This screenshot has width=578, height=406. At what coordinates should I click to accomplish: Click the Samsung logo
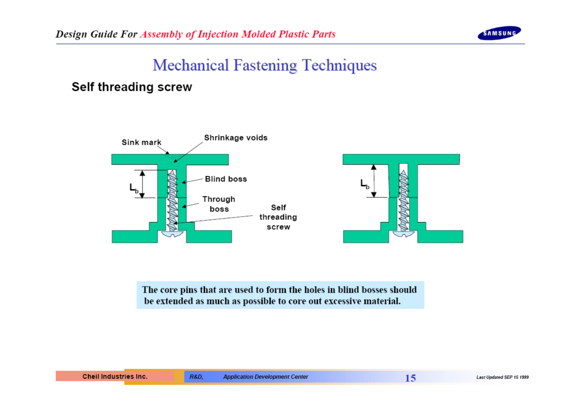[499, 33]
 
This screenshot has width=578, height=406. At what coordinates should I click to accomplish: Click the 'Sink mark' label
[142, 142]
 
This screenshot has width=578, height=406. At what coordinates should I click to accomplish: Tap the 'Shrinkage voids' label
[236, 137]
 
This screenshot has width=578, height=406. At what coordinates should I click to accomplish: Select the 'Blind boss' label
[226, 179]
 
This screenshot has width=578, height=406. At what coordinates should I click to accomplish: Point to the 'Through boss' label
[219, 204]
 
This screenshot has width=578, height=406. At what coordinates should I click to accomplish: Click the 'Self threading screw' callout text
[278, 217]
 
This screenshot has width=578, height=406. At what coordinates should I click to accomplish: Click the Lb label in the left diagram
[134, 188]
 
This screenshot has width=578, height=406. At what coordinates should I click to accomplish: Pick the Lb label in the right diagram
[365, 184]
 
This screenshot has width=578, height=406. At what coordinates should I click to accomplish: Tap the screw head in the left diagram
[173, 234]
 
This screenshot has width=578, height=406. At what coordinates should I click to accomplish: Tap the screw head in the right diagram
[404, 234]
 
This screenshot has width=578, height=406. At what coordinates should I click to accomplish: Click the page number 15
[410, 378]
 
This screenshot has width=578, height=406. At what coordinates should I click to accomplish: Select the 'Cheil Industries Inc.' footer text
[115, 376]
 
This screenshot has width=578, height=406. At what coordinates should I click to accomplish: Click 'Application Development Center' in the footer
[266, 377]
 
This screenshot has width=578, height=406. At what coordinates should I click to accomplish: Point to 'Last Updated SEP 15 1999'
[502, 377]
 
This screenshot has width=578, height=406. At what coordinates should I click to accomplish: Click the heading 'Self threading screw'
[132, 87]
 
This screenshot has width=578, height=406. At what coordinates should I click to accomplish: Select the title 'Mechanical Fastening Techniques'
[265, 65]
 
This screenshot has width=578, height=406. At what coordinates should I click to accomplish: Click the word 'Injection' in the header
[218, 34]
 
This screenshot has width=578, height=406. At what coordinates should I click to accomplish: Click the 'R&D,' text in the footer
[197, 377]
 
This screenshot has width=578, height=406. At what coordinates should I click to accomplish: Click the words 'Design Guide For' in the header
[96, 34]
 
